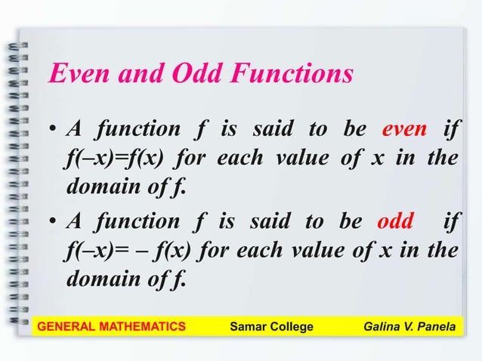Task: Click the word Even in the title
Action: (x=73, y=75)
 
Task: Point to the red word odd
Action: (x=394, y=224)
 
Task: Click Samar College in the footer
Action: (x=270, y=326)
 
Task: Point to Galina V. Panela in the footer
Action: (x=408, y=326)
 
